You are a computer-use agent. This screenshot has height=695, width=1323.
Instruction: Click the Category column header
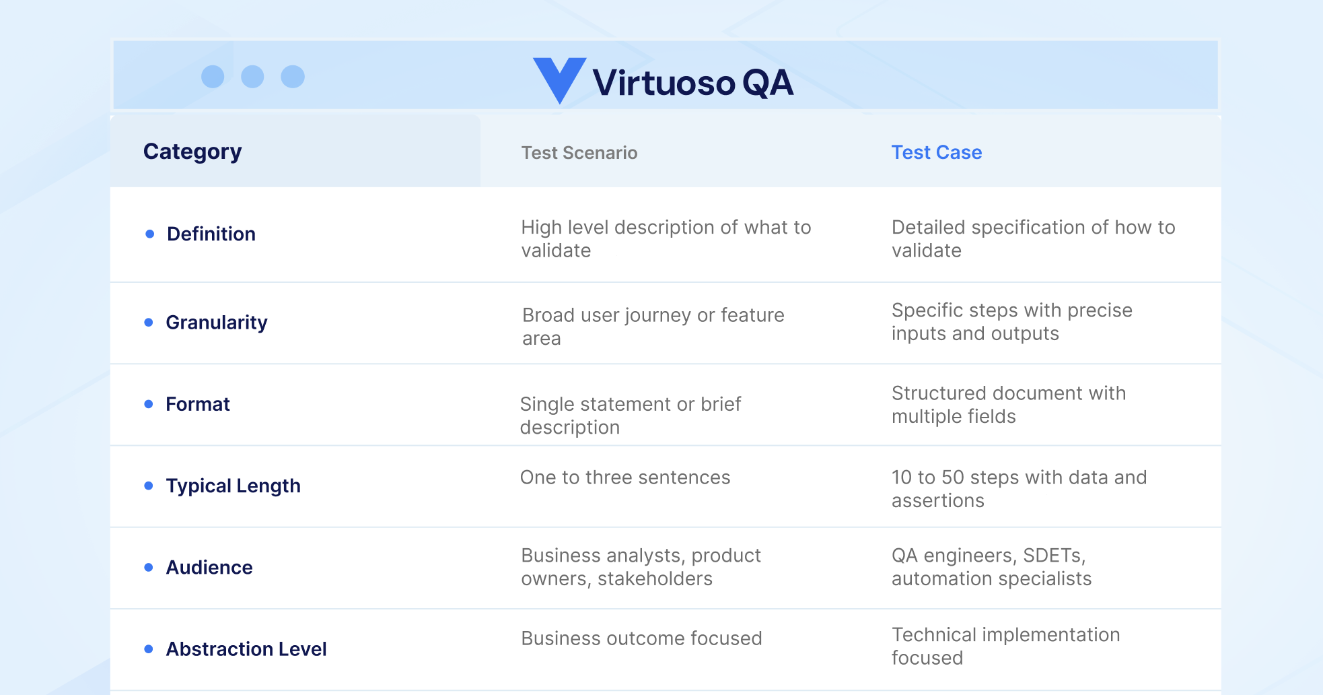click(x=192, y=152)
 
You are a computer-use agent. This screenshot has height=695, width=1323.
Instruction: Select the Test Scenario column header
click(x=579, y=153)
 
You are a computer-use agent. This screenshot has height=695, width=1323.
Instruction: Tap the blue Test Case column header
click(x=936, y=152)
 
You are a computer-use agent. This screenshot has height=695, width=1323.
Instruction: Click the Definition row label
click(x=211, y=234)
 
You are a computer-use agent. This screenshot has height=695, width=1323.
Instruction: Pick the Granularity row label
click(x=216, y=323)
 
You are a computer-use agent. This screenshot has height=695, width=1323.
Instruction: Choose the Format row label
click(x=198, y=404)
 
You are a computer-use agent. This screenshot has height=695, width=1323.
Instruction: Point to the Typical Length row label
click(x=233, y=486)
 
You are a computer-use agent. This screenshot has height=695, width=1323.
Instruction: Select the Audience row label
click(x=209, y=567)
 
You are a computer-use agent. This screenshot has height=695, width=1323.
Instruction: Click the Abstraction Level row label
click(x=246, y=649)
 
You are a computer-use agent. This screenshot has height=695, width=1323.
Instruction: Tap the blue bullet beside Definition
click(x=150, y=234)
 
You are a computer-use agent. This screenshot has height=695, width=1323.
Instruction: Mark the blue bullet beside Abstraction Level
click(x=149, y=649)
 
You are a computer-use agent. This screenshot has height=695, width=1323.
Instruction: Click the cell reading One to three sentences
click(x=624, y=477)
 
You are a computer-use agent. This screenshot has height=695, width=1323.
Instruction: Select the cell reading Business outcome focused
click(x=641, y=638)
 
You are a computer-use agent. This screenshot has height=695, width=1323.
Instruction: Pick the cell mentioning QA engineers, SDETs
click(x=991, y=567)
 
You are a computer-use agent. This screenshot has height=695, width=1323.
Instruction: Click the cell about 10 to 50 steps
click(x=1018, y=489)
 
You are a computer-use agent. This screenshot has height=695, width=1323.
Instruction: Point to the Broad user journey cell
click(x=653, y=327)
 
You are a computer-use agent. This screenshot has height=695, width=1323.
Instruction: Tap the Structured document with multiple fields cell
click(x=1008, y=405)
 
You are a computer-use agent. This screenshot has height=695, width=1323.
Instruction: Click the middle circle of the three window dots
click(x=252, y=77)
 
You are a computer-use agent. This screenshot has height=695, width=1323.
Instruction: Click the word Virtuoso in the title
click(x=664, y=83)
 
